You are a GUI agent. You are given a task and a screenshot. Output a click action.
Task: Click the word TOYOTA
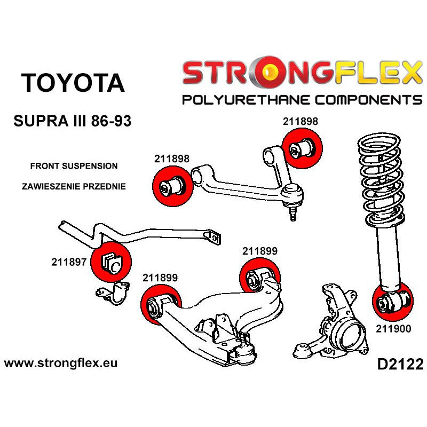pyautogui.click(x=73, y=83)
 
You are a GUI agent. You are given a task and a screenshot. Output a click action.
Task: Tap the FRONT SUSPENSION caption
pyautogui.click(x=70, y=166)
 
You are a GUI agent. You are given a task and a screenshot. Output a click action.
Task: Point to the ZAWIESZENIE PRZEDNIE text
pyautogui.click(x=74, y=187)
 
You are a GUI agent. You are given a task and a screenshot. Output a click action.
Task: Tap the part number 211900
pyautogui.click(x=393, y=329)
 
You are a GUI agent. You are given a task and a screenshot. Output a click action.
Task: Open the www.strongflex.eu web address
pyautogui.click(x=61, y=363)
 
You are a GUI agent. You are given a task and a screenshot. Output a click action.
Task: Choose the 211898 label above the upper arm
pyautogui.click(x=300, y=122)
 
